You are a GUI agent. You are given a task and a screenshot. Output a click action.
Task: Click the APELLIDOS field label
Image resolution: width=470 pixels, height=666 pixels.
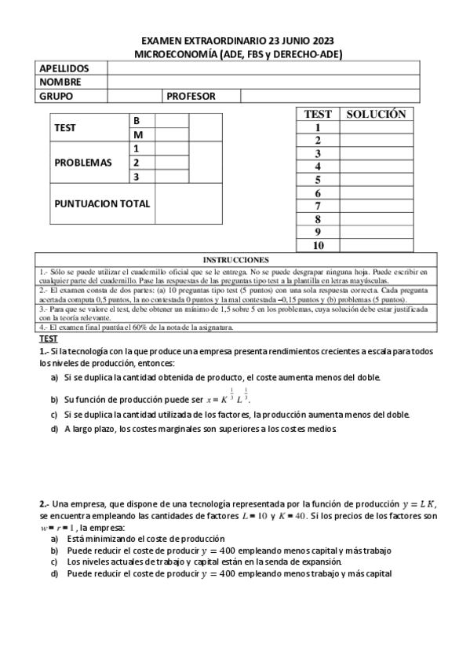64,69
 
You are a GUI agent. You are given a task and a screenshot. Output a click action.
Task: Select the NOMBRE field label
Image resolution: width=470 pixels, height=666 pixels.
60,82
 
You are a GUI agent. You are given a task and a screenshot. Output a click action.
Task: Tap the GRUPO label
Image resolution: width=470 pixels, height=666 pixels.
56,96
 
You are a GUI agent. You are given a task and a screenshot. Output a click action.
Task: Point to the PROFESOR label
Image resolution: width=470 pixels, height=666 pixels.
191,96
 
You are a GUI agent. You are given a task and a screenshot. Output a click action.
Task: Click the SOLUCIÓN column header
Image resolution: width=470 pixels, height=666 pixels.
376,114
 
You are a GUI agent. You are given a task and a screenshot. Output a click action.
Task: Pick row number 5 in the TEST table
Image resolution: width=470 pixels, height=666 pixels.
319,180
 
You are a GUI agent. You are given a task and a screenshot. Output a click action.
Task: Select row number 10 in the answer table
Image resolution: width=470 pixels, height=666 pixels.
319,246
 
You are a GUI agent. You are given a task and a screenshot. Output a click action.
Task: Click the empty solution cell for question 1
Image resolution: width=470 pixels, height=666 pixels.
376,127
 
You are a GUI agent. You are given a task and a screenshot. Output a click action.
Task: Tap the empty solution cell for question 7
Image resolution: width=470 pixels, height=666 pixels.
376,206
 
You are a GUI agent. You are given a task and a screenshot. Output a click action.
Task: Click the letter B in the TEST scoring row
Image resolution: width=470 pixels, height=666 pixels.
137,121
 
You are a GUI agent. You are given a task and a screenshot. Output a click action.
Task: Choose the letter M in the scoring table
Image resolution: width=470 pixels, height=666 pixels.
137,134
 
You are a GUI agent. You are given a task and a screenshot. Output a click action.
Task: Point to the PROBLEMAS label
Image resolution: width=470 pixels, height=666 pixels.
83,163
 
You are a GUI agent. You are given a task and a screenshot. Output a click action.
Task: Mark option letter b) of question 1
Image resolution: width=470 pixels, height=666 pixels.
55,398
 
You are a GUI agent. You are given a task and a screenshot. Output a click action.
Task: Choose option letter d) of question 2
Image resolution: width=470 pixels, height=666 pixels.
54,573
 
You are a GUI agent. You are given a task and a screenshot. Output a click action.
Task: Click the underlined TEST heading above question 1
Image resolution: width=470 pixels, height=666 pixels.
49,338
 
